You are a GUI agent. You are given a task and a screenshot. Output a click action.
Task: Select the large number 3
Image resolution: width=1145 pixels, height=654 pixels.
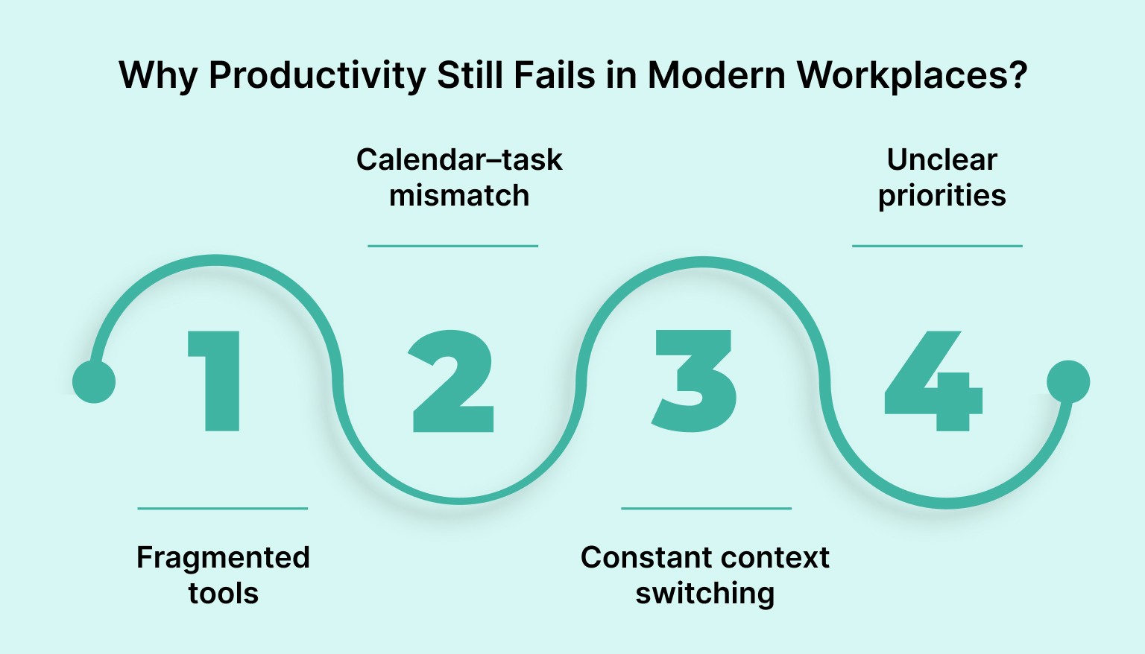(694, 381)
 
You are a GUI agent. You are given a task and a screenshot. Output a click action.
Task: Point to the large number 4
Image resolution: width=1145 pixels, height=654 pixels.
(933, 381)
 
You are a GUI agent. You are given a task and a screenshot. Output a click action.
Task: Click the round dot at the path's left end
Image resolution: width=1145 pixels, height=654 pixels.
(94, 381)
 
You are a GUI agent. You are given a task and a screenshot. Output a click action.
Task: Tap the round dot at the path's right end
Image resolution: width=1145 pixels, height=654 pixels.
(1068, 381)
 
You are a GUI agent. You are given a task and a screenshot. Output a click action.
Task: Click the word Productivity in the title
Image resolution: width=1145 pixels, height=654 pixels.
(317, 75)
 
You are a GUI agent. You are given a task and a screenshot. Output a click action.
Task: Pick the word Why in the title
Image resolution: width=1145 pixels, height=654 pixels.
(158, 75)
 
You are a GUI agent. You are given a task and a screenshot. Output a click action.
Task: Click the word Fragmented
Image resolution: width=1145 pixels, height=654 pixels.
(223, 557)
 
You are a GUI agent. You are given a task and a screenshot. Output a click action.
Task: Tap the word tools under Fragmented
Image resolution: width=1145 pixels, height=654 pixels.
(223, 593)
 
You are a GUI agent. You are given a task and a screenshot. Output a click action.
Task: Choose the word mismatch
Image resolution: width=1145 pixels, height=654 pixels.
(459, 195)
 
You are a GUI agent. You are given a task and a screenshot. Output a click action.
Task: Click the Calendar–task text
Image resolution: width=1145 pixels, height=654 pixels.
(459, 159)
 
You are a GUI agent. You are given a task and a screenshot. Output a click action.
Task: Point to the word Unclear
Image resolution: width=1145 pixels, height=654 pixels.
(941, 159)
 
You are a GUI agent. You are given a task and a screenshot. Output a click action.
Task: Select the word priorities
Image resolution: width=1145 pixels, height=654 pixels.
(941, 195)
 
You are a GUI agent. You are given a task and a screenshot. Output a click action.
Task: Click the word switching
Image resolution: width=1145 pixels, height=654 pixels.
(704, 593)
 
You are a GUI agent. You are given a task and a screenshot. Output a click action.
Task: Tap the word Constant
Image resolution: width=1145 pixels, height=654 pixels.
(640, 557)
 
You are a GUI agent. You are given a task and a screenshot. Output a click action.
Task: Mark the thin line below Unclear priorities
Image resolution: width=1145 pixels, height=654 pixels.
(937, 246)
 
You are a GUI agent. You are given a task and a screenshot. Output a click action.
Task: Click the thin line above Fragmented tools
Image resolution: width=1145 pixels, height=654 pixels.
(222, 509)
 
